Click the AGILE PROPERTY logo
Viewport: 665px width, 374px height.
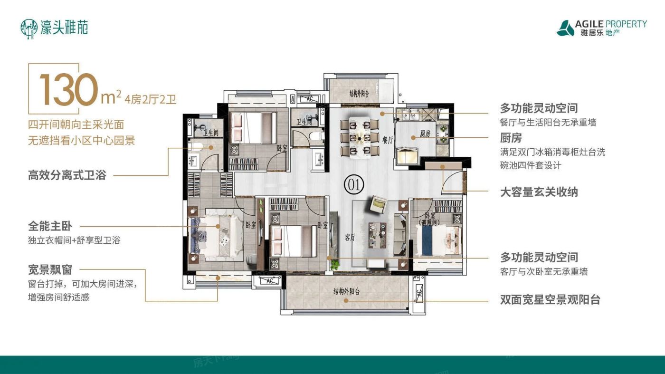pyautogui.click(x=602, y=28)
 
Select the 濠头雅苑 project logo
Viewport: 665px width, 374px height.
pyautogui.click(x=55, y=28)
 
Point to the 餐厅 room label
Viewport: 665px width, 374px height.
pyautogui.click(x=388, y=140)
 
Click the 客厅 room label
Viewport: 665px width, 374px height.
pyautogui.click(x=350, y=238)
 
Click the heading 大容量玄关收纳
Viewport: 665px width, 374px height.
pyautogui.click(x=539, y=192)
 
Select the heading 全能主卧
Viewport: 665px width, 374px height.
pyautogui.click(x=50, y=226)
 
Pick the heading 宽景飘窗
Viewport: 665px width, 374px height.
pyautogui.click(x=50, y=270)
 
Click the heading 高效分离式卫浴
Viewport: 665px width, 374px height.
pyautogui.click(x=66, y=175)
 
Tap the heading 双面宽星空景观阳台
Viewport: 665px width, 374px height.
pyautogui.click(x=550, y=300)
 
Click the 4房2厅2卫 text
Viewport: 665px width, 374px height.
pyautogui.click(x=151, y=99)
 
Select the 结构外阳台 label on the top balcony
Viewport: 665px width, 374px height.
pyautogui.click(x=361, y=93)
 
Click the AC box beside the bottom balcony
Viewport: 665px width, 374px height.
pyautogui.click(x=269, y=281)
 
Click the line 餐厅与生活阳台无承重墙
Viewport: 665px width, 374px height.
pyautogui.click(x=548, y=123)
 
